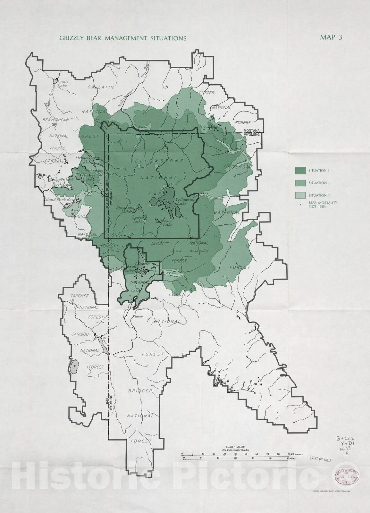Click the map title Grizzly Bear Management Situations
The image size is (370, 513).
coord(123,38)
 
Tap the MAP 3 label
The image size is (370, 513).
coord(331,37)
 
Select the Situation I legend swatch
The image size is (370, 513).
coord(300,171)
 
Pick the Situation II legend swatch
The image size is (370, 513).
coord(300,183)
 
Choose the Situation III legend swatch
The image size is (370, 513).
coord(300,195)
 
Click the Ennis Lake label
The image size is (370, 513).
coord(62,84)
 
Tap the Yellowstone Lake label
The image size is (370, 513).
coord(186,201)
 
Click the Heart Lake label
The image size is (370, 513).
coord(167,223)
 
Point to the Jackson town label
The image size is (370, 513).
coord(139,316)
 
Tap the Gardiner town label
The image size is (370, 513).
coord(143,127)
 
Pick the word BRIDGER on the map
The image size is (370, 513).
coord(140,391)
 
